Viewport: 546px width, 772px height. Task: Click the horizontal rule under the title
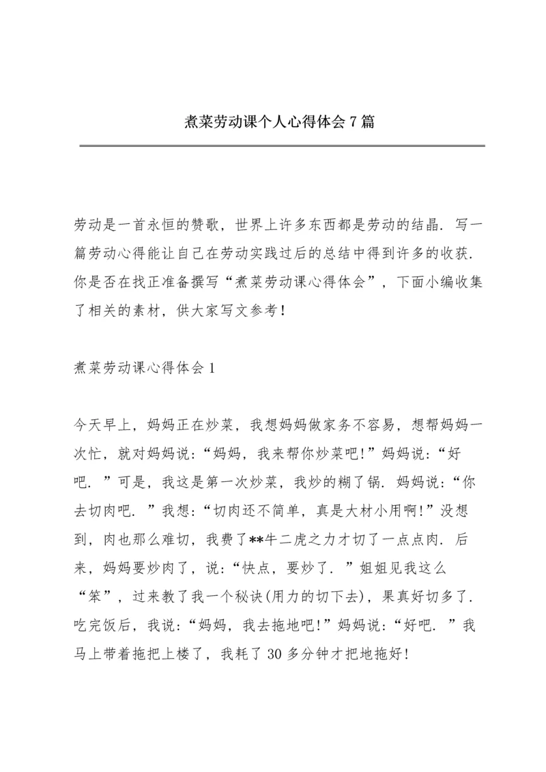tap(282, 145)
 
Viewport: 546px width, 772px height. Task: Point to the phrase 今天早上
tap(103, 426)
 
